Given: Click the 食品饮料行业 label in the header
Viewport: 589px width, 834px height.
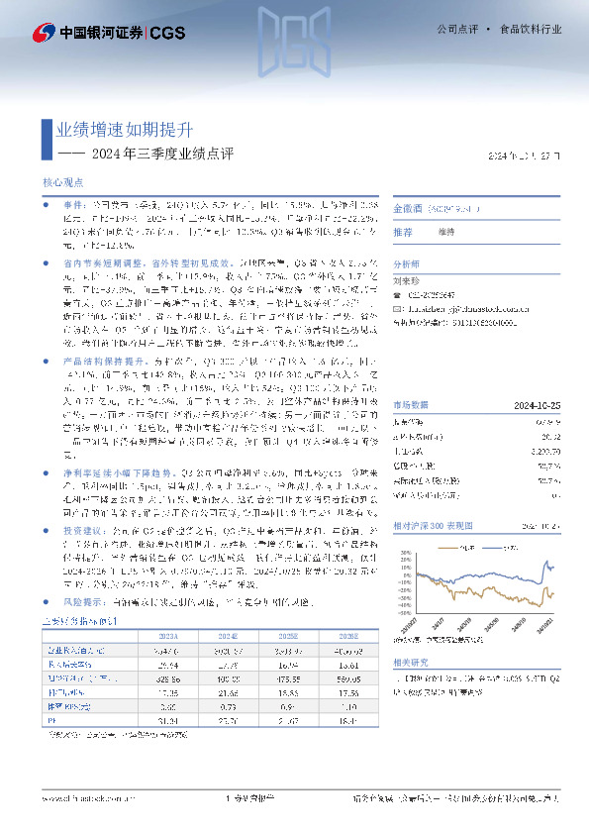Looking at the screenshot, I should tap(531, 30).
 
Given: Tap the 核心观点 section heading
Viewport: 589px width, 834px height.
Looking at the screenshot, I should tap(62, 184).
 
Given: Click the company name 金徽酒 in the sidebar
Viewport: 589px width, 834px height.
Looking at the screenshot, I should tap(409, 209).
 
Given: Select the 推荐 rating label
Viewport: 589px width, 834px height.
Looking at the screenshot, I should tap(403, 232).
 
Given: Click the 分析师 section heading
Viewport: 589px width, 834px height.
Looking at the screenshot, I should tap(408, 264).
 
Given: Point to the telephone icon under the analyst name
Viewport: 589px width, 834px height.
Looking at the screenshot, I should tap(398, 293).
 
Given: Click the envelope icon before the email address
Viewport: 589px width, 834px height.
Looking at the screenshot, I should tap(398, 308).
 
